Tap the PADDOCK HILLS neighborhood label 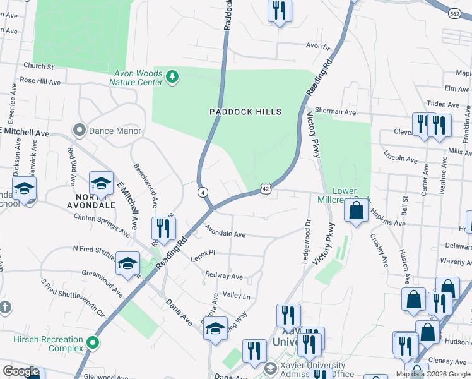[x=245, y=112]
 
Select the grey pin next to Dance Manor [x=79, y=131]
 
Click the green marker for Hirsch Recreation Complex [x=93, y=344]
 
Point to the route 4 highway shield [x=203, y=191]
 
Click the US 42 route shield [x=266, y=188]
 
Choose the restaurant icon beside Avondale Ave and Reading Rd [x=163, y=229]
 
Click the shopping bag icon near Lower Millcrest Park [x=357, y=211]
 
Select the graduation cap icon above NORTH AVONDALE [x=100, y=184]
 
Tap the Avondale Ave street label [x=224, y=234]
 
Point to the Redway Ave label [x=223, y=276]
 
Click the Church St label [x=38, y=66]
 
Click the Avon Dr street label [x=318, y=46]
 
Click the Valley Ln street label [x=237, y=296]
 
